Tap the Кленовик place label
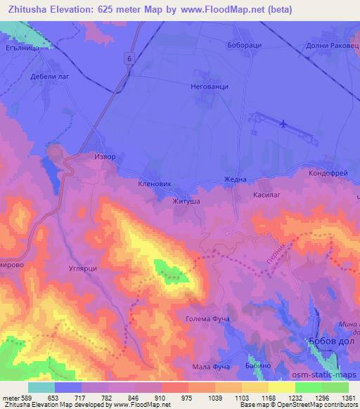[x=156, y=182]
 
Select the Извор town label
[x=104, y=157]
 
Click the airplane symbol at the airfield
[x=283, y=124]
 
